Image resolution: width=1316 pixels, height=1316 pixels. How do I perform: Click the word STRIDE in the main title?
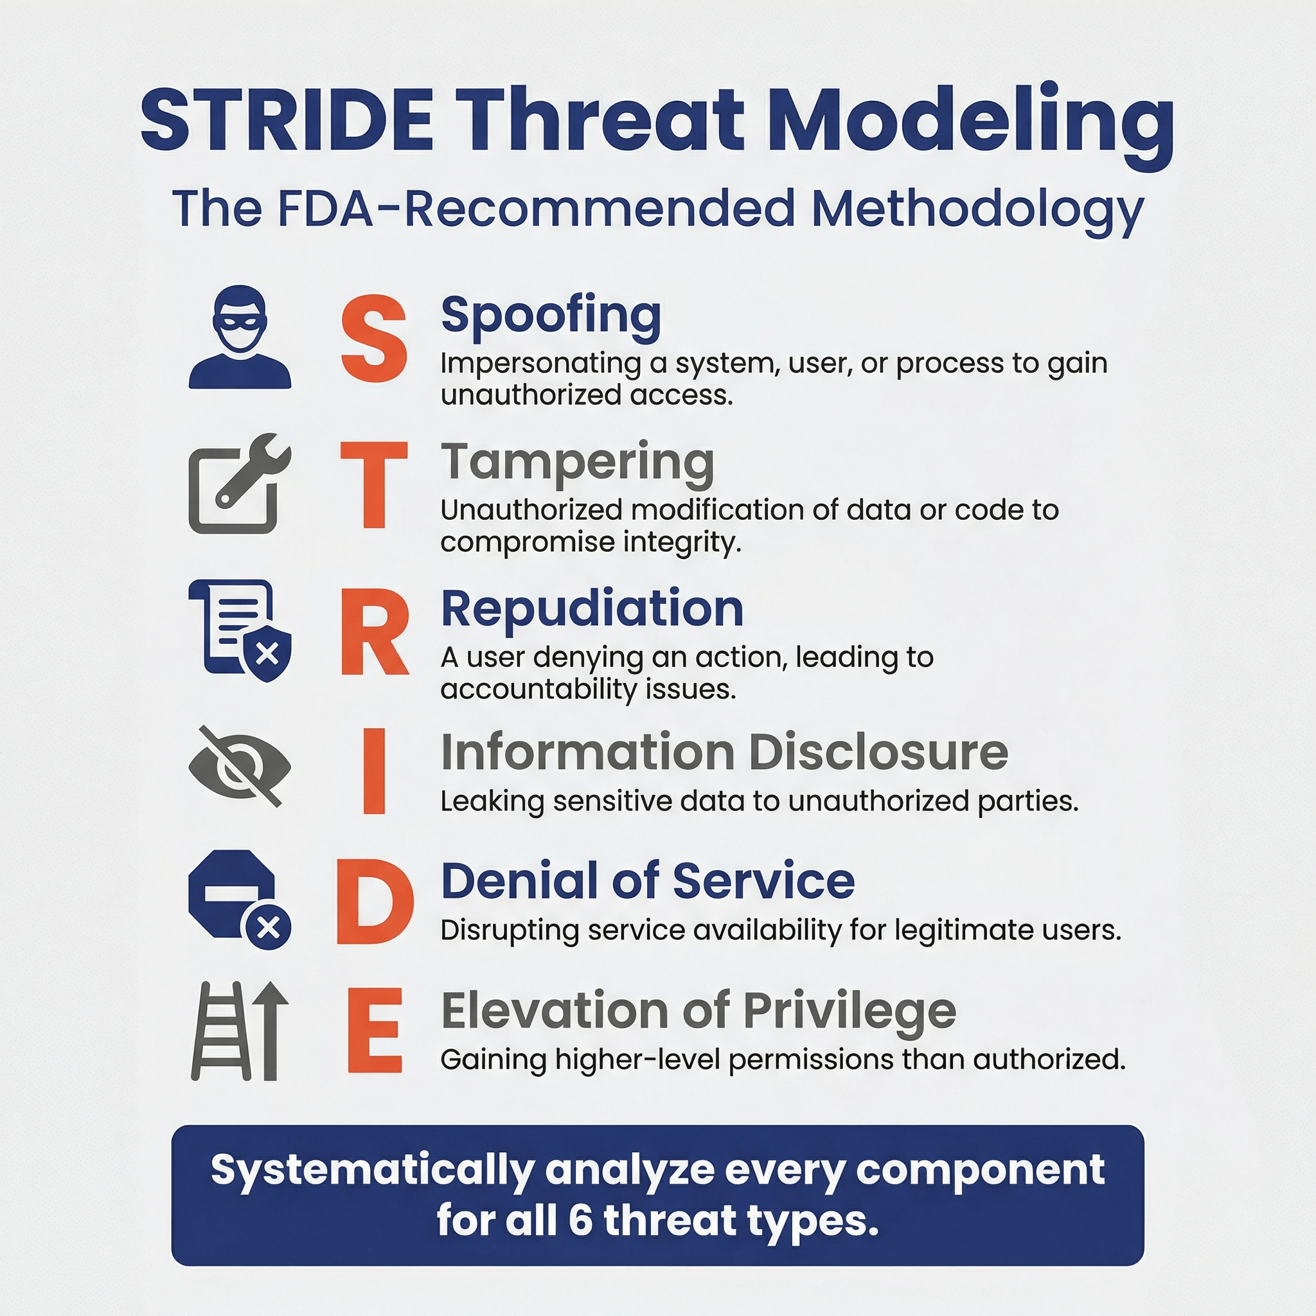click(287, 120)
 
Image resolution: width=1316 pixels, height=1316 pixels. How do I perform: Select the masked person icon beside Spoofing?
click(240, 337)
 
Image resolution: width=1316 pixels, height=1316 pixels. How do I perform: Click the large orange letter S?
click(374, 338)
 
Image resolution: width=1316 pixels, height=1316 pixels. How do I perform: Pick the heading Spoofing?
click(551, 316)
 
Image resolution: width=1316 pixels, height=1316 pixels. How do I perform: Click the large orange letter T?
click(374, 485)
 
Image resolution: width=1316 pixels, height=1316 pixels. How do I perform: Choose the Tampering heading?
click(578, 464)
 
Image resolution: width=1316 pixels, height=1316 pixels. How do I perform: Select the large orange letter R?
click(375, 632)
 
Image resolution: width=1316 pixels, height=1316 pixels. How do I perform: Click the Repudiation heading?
click(592, 609)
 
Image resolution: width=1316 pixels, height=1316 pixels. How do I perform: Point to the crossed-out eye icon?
click(240, 767)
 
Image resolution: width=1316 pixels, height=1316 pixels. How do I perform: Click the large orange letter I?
click(374, 771)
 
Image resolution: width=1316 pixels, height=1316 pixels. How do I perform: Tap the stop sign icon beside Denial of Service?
click(231, 893)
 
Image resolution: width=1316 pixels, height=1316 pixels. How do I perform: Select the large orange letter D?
click(375, 900)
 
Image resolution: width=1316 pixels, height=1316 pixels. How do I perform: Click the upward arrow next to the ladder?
click(271, 1031)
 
